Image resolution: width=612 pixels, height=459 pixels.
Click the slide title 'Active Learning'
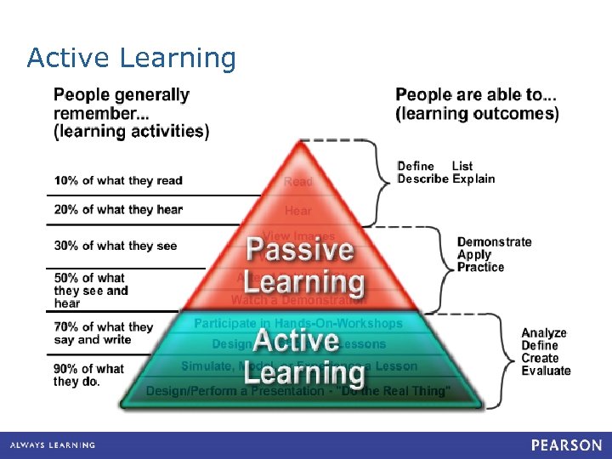131,58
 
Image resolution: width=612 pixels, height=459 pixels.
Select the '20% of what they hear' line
118,209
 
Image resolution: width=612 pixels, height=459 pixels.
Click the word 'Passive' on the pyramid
299,250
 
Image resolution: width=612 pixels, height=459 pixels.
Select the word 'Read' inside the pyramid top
298,182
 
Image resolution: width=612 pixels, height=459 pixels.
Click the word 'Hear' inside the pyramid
298,210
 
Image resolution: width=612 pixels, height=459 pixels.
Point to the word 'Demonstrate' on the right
494,242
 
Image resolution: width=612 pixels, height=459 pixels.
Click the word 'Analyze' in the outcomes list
544,333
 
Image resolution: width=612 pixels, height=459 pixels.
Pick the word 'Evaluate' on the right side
546,371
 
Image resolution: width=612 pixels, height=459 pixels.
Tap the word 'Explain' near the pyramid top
473,178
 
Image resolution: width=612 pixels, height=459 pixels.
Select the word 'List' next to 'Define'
462,166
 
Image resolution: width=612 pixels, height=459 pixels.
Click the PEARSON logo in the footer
567,445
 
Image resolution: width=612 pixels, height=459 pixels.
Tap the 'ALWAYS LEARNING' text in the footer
53,445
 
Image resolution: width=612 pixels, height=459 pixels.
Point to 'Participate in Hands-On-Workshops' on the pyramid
298,323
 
